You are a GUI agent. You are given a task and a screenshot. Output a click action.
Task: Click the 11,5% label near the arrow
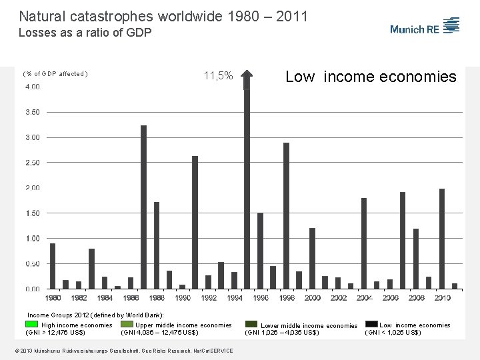pos(219,76)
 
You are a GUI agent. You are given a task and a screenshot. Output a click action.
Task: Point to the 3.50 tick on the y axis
pos(32,112)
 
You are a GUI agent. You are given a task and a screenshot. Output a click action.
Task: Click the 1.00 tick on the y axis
pos(32,238)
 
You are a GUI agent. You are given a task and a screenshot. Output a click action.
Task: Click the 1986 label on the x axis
pos(131,297)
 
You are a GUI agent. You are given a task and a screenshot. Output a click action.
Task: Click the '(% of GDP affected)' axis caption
pos(55,74)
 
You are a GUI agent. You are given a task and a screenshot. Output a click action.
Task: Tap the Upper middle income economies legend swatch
pos(127,325)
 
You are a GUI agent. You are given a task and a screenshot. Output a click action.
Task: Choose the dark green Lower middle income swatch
pos(251,325)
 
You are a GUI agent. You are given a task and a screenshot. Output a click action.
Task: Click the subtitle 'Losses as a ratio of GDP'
pos(85,32)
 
